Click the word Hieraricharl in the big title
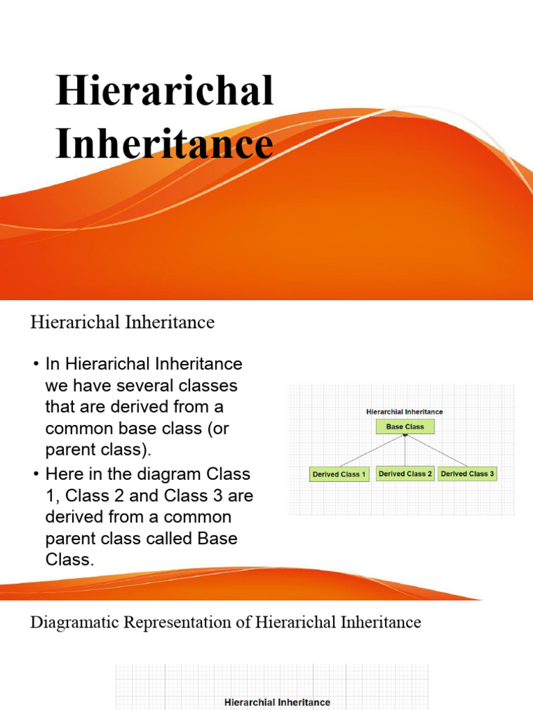[164, 92]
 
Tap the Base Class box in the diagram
[405, 427]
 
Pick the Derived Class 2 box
[405, 474]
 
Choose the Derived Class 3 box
[468, 474]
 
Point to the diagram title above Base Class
[405, 411]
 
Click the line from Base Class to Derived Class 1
[369, 451]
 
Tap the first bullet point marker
[35, 363]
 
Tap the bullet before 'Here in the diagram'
[35, 474]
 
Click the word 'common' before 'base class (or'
[78, 428]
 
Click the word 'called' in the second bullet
[159, 539]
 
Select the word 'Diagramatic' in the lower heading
[74, 622]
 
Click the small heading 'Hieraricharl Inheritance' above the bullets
[122, 322]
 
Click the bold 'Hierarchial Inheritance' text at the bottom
[277, 702]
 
